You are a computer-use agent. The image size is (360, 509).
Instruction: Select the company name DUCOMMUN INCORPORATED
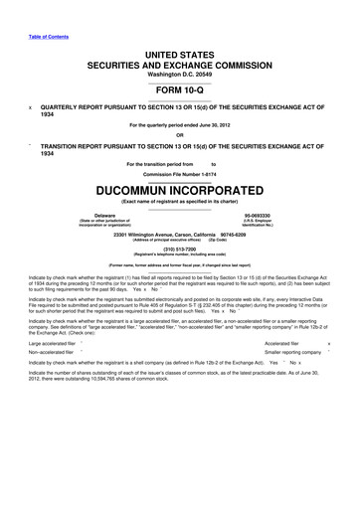click(x=179, y=189)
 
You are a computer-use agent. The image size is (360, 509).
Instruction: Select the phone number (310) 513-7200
click(x=180, y=250)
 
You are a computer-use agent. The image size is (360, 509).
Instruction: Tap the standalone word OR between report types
click(x=180, y=135)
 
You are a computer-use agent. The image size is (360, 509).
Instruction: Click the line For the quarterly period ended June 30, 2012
click(x=180, y=123)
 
